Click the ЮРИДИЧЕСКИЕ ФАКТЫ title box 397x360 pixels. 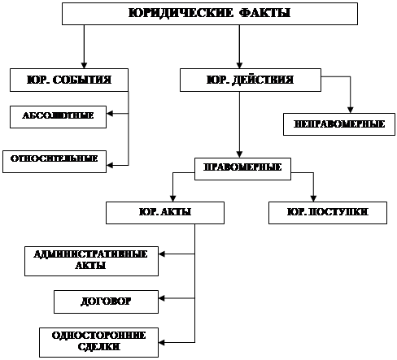tap(210, 14)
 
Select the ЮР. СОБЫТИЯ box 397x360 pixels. tap(69, 80)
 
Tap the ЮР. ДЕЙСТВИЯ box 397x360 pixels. tap(251, 80)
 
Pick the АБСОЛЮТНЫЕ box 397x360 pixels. tap(58, 117)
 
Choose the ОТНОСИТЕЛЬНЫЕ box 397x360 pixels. tap(55, 162)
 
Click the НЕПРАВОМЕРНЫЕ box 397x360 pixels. tap(339, 124)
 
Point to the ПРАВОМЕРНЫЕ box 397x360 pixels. tap(242, 169)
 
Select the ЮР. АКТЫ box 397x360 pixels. tap(165, 213)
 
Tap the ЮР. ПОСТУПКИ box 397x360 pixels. tap(328, 213)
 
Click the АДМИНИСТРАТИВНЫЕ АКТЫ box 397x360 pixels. tap(91, 261)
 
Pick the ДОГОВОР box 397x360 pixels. tap(106, 301)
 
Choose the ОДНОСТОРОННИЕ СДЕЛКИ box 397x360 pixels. tap(98, 342)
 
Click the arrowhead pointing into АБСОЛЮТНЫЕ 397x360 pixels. tap(110, 114)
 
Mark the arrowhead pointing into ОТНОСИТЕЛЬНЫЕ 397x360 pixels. tap(110, 165)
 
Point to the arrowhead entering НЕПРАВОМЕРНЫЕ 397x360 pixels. tap(351, 110)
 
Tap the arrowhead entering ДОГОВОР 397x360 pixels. tap(162, 298)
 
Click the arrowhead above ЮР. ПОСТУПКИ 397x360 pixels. tap(313, 198)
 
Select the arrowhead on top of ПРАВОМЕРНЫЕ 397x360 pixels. tap(239, 154)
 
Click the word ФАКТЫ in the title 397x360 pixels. tap(265, 13)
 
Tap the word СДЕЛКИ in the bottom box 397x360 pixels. tap(98, 347)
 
